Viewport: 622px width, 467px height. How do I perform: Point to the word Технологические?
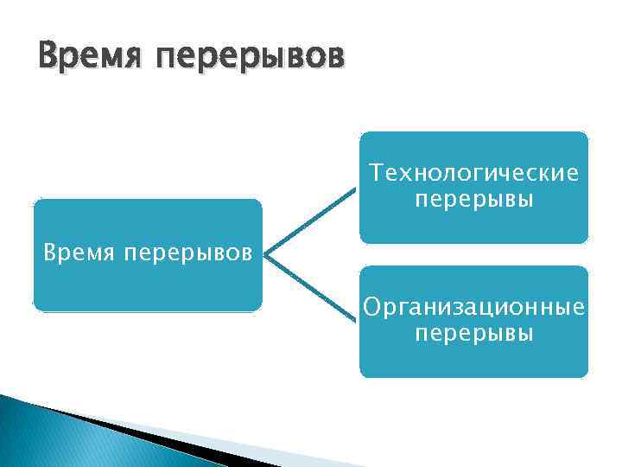coord(473,174)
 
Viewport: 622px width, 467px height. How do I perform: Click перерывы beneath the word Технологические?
coord(473,200)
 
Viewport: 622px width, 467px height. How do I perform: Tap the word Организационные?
coord(473,308)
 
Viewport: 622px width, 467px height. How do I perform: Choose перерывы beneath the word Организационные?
coord(473,334)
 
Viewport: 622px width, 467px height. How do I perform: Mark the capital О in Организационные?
coord(371,308)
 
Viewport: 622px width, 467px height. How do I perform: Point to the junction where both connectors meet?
coord(266,256)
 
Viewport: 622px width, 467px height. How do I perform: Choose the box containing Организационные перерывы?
coord(473,359)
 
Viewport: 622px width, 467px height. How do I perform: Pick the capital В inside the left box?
coord(50,254)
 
